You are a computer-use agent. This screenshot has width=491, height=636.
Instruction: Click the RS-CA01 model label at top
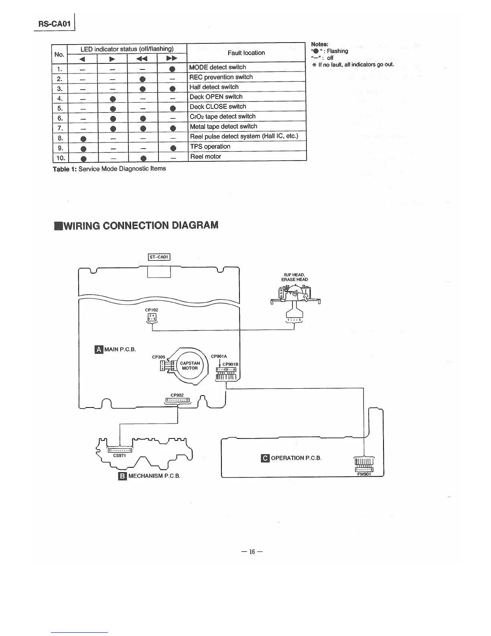(x=54, y=24)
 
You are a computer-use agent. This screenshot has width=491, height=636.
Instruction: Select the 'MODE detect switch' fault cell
(x=217, y=67)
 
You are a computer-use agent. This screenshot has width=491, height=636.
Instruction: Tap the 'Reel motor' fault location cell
(x=205, y=157)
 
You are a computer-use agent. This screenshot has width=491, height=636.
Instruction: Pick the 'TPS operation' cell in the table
(x=210, y=147)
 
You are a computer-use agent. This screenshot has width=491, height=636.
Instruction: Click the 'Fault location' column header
(x=246, y=53)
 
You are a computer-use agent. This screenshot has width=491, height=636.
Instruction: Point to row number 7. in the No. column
(x=60, y=127)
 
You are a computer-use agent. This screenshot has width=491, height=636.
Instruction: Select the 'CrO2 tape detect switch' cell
(x=222, y=116)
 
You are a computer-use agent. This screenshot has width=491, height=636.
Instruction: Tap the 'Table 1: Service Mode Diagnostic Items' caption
(x=109, y=169)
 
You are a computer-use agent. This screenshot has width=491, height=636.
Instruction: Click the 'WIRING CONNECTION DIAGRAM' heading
(x=136, y=225)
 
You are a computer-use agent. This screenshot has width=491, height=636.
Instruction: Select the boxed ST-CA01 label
(x=159, y=257)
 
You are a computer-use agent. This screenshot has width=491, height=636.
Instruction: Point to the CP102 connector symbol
(x=153, y=318)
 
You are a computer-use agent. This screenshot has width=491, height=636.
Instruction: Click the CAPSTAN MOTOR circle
(x=190, y=365)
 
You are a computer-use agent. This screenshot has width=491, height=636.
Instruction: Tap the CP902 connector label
(x=177, y=395)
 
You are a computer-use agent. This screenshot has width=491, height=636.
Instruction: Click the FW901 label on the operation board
(x=365, y=474)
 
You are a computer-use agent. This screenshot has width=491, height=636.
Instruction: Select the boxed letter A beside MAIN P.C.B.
(x=98, y=349)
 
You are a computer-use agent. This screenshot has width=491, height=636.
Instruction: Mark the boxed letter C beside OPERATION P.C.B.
(x=265, y=458)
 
